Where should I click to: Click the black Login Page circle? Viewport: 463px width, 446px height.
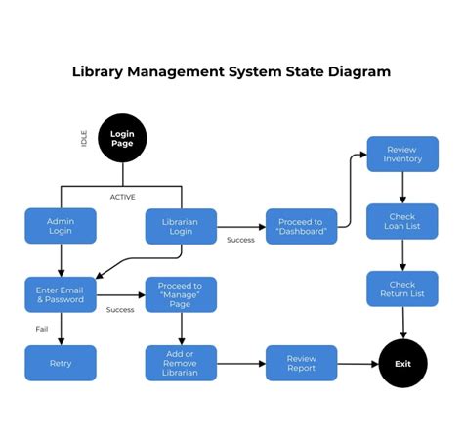pyautogui.click(x=122, y=138)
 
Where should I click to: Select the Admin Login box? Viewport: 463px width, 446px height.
pyautogui.click(x=61, y=226)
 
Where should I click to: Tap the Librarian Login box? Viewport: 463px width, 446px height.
pyautogui.click(x=182, y=226)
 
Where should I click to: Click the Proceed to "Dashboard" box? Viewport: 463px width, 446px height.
pyautogui.click(x=301, y=226)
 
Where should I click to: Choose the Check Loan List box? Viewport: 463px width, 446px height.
pyautogui.click(x=401, y=222)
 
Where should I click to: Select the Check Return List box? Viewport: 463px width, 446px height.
pyautogui.click(x=401, y=289)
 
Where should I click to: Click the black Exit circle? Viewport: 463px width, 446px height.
pyautogui.click(x=403, y=363)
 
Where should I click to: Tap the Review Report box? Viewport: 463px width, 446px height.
pyautogui.click(x=301, y=363)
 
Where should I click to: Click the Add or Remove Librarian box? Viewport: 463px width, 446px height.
pyautogui.click(x=181, y=363)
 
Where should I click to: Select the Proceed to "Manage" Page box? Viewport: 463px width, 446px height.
pyautogui.click(x=181, y=294)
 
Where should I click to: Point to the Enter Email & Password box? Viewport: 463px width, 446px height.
pyautogui.click(x=61, y=294)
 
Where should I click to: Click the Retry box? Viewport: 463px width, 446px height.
pyautogui.click(x=61, y=363)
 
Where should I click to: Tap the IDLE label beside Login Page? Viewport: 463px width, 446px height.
pyautogui.click(x=85, y=138)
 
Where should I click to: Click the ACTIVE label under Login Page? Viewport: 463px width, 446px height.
pyautogui.click(x=122, y=197)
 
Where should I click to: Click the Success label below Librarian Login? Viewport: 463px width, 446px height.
pyautogui.click(x=240, y=240)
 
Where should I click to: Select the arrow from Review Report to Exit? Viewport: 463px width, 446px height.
pyautogui.click(x=357, y=363)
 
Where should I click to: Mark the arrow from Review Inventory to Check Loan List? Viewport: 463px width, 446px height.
pyautogui.click(x=401, y=188)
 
